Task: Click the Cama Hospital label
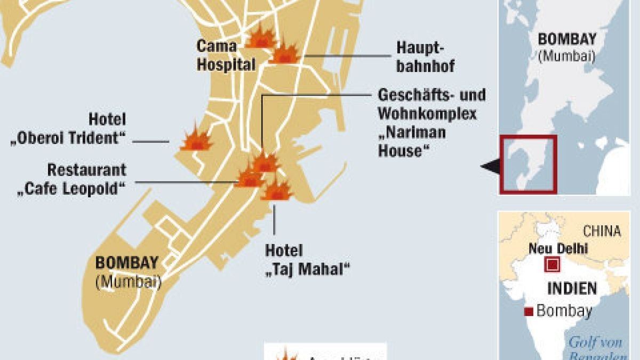(226, 55)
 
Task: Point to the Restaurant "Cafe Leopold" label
(71, 179)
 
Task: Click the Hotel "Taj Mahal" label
(307, 259)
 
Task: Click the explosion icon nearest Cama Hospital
(260, 37)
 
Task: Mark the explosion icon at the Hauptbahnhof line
(285, 53)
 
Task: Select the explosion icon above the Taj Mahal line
(276, 190)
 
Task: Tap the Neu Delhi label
(558, 248)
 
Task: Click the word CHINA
(602, 231)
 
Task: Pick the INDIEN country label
(572, 289)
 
